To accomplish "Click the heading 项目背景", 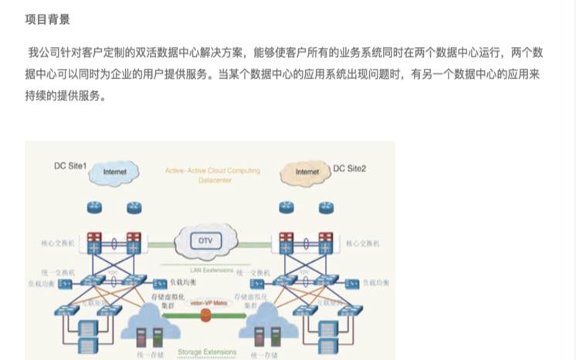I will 47,19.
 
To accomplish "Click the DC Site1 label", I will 70,166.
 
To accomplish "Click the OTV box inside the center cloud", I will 205,240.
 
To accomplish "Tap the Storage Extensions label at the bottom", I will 208,352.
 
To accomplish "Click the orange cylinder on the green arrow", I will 205,315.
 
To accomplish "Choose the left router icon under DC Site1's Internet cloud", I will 95,208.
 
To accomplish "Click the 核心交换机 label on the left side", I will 59,243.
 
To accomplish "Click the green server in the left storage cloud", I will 158,337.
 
